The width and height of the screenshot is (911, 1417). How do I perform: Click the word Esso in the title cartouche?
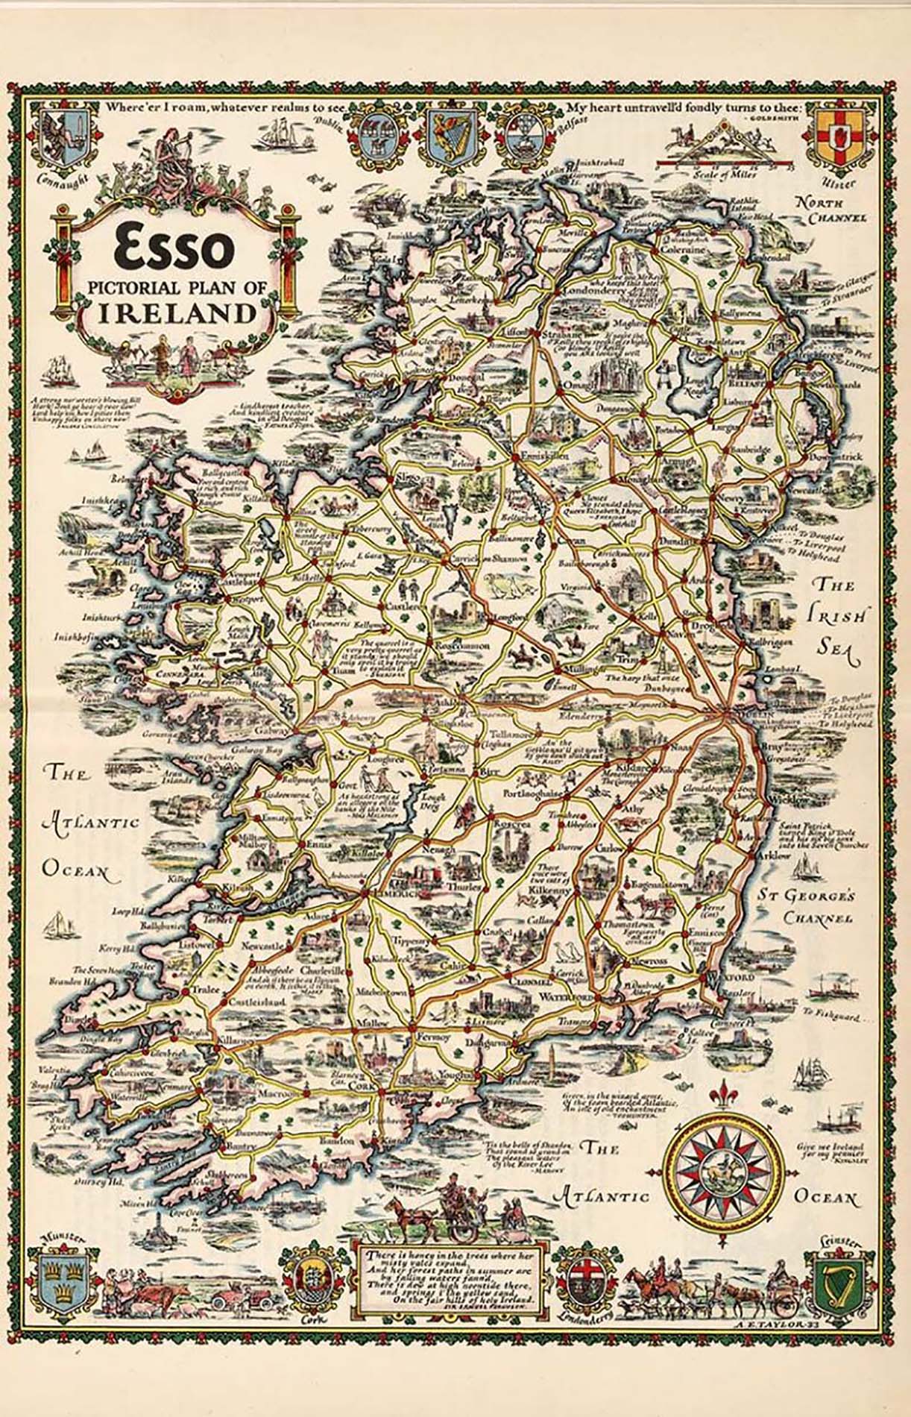pos(174,248)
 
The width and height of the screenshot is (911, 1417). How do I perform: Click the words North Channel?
pos(830,210)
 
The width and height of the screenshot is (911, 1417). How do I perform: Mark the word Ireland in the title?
pos(175,312)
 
